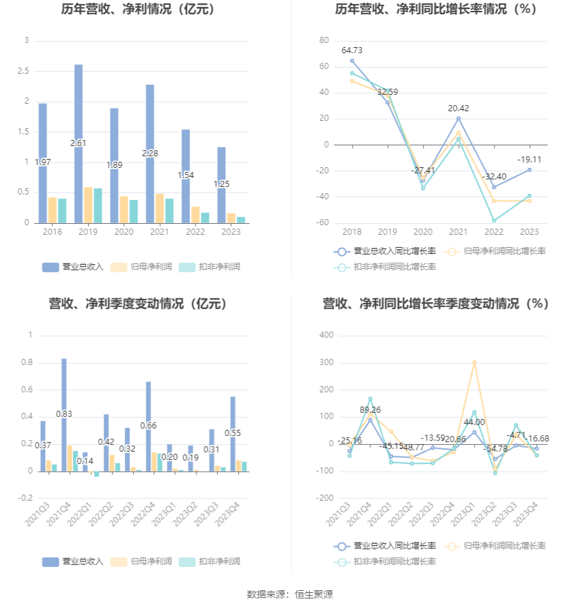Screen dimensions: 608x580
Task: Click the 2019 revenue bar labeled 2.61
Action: (x=78, y=143)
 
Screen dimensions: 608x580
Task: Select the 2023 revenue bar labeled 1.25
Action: (x=221, y=184)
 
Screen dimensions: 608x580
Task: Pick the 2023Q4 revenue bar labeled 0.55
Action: (x=233, y=433)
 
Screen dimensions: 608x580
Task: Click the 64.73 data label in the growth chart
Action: (x=352, y=50)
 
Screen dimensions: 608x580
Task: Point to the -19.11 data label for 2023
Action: (x=529, y=159)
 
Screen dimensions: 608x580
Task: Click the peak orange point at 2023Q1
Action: (x=474, y=362)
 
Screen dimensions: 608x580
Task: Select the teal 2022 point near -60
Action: (x=493, y=220)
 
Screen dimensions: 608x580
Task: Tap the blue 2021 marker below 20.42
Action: (x=459, y=118)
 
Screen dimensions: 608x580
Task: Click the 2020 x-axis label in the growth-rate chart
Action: (x=423, y=231)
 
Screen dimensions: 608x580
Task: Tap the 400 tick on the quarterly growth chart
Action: (x=326, y=335)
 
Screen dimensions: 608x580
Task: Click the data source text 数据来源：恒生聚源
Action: (x=289, y=594)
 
